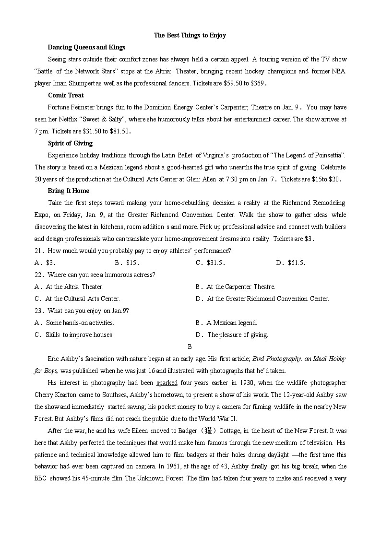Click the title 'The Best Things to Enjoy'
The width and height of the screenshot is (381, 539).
click(x=190, y=35)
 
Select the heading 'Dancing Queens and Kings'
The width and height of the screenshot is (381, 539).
click(x=86, y=47)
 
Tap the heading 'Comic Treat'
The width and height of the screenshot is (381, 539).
click(x=66, y=95)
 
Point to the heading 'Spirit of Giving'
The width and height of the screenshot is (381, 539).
click(x=70, y=143)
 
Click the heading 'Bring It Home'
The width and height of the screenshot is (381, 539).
click(x=69, y=191)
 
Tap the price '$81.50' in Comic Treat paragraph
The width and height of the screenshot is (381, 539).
click(x=118, y=131)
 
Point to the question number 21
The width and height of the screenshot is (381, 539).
click(x=39, y=251)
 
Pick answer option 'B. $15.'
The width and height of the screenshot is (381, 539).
click(x=127, y=263)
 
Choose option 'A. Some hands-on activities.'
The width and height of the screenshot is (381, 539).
click(x=74, y=323)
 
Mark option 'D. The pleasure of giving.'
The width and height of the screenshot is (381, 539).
click(x=232, y=335)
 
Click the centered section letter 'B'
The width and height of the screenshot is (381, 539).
click(x=190, y=347)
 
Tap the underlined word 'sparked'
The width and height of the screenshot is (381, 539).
click(x=167, y=383)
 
